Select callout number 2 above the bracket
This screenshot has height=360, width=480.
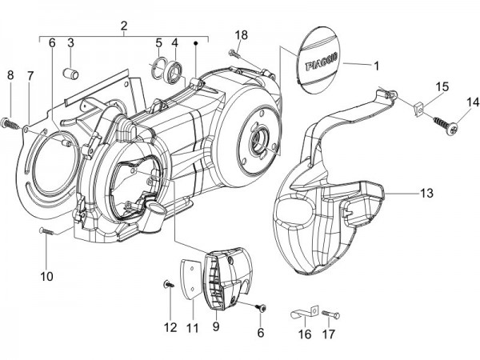[124, 26]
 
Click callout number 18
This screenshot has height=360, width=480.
[241, 34]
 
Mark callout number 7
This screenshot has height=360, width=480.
[30, 75]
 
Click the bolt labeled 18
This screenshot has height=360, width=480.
[233, 54]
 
